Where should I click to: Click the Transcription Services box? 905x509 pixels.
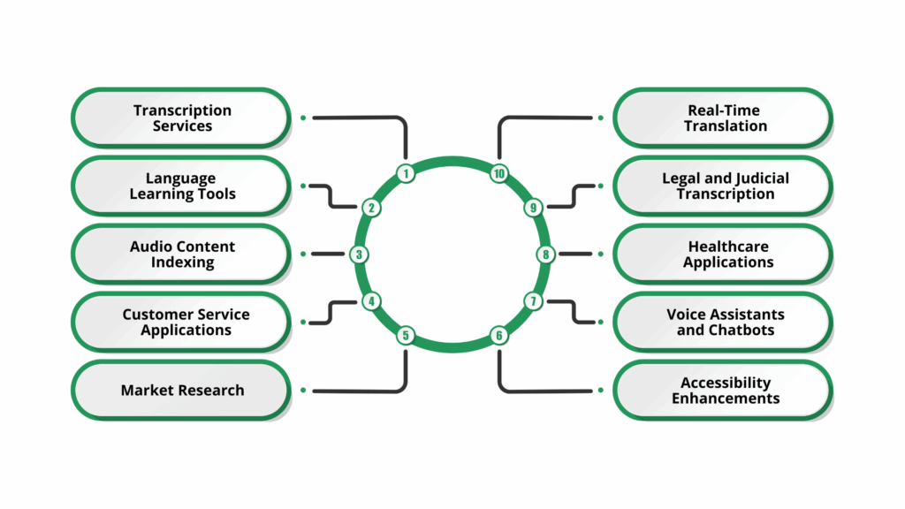[181, 118]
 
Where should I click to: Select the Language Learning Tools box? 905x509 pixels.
[181, 186]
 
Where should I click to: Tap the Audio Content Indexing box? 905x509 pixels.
[181, 254]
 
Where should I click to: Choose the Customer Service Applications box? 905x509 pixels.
[181, 322]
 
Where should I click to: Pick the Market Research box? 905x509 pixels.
[181, 390]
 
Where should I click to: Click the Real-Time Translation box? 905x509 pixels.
[723, 118]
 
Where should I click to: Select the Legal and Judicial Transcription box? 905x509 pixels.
[723, 186]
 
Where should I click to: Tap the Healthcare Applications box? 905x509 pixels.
[723, 254]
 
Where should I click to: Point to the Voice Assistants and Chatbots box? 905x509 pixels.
[723, 322]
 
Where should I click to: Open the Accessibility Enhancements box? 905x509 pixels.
[723, 390]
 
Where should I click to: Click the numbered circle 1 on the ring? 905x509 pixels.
[406, 173]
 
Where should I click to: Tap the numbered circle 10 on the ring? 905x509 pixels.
[499, 173]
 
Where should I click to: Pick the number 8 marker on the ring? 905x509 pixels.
[546, 254]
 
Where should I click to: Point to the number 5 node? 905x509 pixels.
[406, 335]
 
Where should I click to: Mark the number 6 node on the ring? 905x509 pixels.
[499, 335]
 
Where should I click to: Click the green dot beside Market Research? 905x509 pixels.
[303, 390]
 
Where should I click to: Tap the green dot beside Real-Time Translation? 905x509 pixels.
[601, 118]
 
